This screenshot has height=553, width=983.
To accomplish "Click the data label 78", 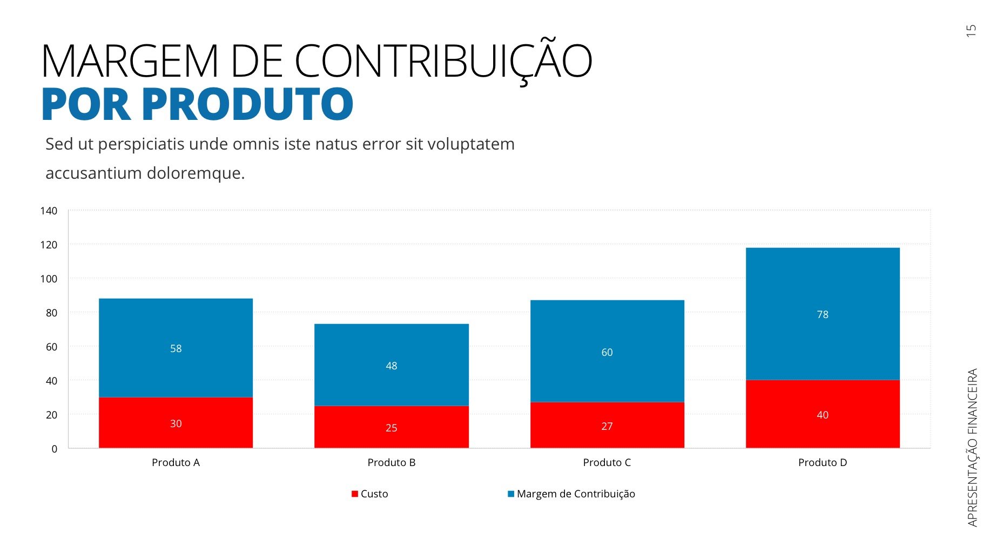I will tap(822, 314).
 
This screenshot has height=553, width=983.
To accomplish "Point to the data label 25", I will tap(391, 428).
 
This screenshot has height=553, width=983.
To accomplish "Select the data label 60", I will tap(607, 352).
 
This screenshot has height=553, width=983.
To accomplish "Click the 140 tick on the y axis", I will tap(49, 211).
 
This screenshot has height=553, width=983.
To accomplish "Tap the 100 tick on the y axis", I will tap(49, 279).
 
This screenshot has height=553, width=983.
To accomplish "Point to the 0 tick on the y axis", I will tap(54, 449).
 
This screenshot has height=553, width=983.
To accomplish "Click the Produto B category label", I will tap(391, 462).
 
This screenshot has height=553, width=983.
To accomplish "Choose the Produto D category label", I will tap(822, 462).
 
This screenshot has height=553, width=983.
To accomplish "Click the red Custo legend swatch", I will tap(355, 494).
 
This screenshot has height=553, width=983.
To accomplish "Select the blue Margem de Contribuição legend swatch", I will tap(510, 494).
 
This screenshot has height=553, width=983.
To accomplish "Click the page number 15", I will tap(971, 31).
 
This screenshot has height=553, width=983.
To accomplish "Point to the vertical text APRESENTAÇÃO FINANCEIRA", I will tap(972, 447).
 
